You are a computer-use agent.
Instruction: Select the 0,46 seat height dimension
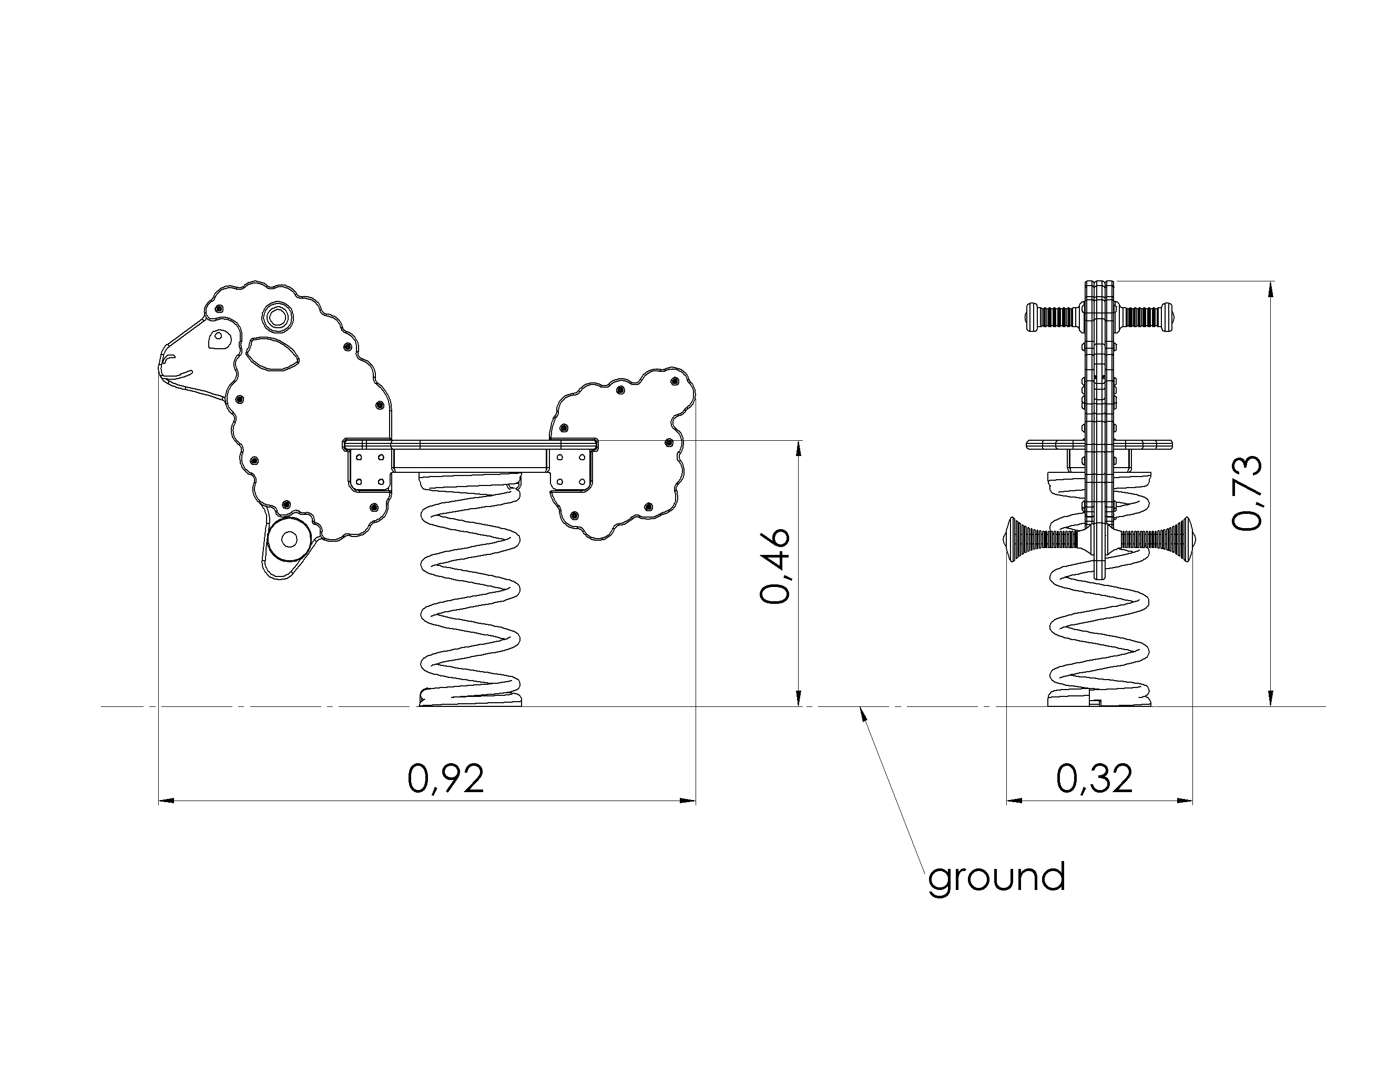775,566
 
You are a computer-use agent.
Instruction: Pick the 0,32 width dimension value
1095,778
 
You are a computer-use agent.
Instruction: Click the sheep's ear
273,355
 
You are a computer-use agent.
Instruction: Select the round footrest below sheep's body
290,539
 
